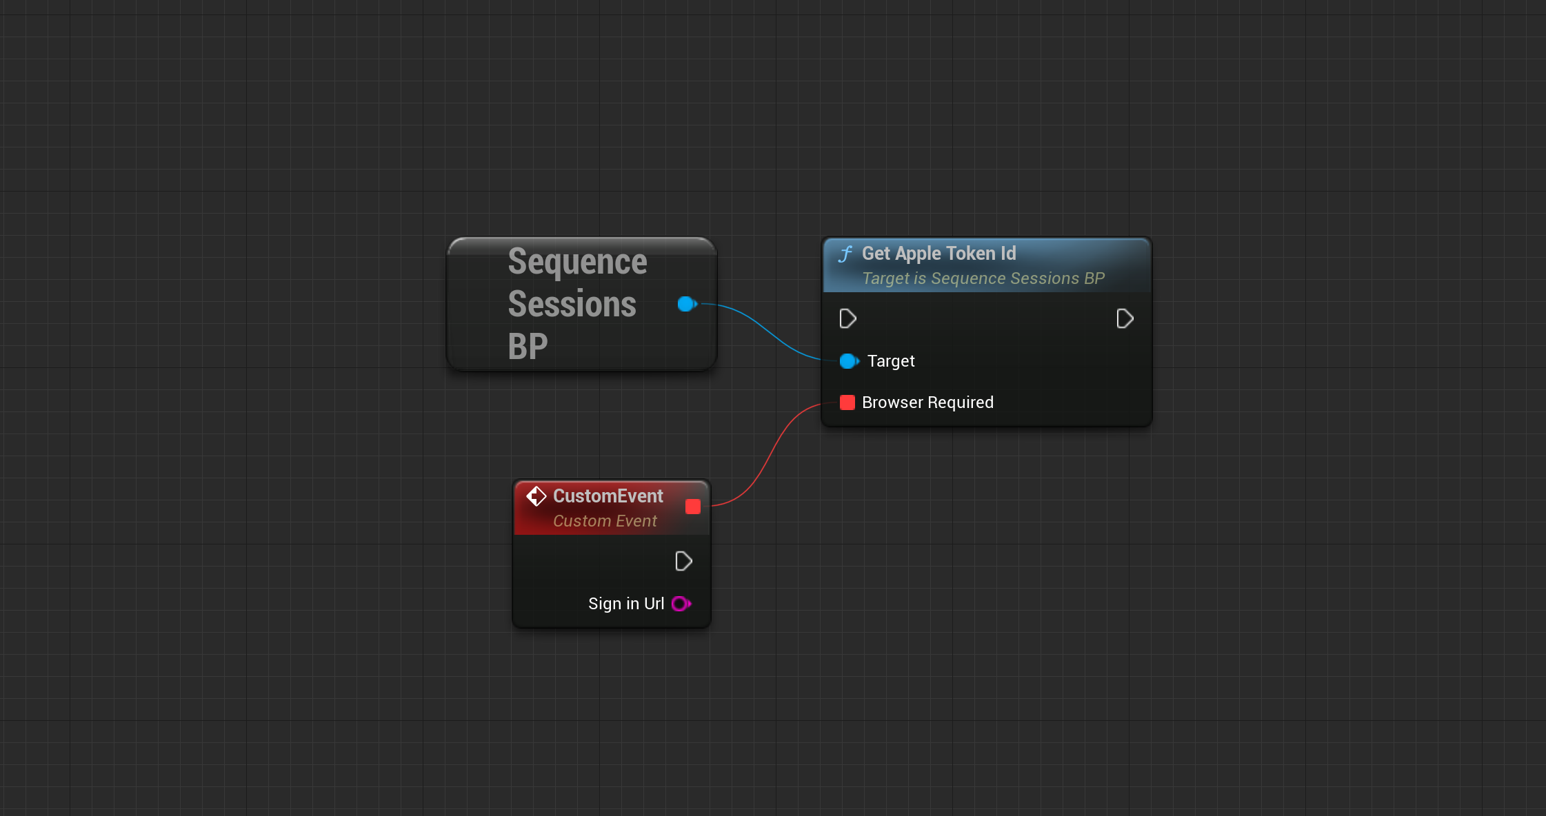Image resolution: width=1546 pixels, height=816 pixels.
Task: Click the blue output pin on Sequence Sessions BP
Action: point(687,304)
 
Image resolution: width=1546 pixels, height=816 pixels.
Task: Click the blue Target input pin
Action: point(849,361)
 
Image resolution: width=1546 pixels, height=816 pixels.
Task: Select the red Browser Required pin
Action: point(847,402)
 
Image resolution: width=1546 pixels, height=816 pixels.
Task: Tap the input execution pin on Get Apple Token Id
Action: point(847,318)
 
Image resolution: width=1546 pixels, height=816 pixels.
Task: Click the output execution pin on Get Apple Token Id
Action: point(1125,318)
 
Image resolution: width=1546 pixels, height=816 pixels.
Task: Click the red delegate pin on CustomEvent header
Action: point(693,507)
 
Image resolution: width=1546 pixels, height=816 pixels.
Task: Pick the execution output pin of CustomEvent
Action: point(683,561)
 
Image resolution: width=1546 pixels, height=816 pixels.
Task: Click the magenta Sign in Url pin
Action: point(681,604)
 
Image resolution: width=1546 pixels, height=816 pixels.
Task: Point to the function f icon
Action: point(845,254)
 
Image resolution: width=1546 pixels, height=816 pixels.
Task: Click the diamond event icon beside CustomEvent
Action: point(536,496)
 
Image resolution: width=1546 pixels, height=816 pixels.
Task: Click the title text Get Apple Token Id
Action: point(938,254)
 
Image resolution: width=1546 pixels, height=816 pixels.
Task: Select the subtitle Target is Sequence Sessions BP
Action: point(983,278)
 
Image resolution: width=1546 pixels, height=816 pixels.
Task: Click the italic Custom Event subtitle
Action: point(605,521)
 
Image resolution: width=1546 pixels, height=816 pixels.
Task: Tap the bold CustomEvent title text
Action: point(608,496)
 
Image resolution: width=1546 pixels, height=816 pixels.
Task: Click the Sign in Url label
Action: point(626,604)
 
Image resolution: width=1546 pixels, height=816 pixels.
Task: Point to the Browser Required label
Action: point(927,402)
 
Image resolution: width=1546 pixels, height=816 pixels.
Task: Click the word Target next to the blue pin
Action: point(891,361)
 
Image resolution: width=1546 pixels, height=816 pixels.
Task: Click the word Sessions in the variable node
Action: point(572,304)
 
